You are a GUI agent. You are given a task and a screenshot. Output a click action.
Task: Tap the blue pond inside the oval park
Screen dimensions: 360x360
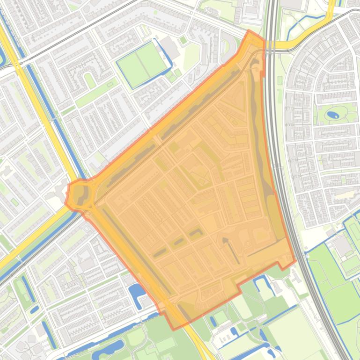click(333, 114)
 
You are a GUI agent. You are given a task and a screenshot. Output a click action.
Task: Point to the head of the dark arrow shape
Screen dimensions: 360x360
click(225, 240)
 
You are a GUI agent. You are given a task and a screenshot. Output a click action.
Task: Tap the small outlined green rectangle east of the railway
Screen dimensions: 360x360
click(280, 80)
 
